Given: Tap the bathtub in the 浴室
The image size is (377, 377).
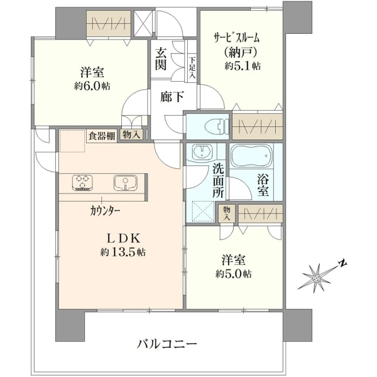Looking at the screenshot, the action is coord(251,156).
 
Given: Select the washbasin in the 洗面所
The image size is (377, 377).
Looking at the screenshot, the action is coord(202,152).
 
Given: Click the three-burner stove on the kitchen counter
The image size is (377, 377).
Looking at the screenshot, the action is coord(82,183).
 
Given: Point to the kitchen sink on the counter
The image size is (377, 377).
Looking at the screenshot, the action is coord(125,183).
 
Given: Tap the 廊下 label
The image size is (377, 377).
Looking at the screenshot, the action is coord(172,97).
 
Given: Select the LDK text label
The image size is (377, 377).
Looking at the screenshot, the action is coord(124,239).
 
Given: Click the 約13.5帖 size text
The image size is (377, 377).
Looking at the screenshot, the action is coord(123,252).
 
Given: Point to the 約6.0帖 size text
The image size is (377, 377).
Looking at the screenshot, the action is coord(92,86).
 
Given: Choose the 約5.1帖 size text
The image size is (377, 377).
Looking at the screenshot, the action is coord(243,65).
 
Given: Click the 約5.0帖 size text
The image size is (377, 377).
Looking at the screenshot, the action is coord(234,273).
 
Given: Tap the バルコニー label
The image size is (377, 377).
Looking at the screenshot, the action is coord(167,344).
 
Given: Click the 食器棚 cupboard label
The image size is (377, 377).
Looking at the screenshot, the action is coord(102,136).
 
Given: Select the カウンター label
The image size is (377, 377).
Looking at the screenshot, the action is coord(105,211).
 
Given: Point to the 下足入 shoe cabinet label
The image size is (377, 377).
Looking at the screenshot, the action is coord(192,68).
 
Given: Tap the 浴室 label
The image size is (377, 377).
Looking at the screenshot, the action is coord(263,185).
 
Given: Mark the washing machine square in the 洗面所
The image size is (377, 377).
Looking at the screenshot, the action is coord(203,211).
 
